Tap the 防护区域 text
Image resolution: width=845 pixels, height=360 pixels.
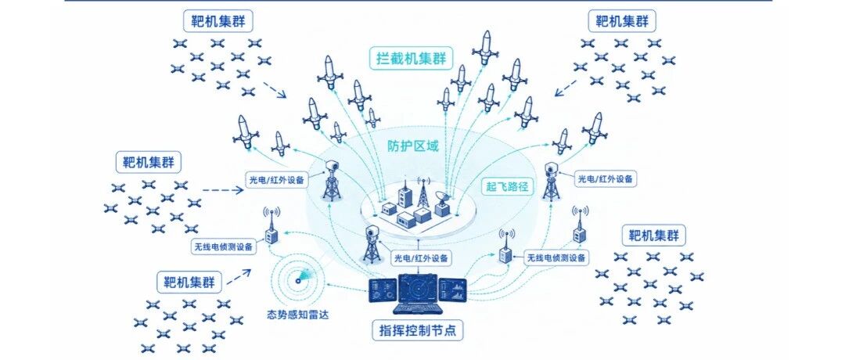coord(413,146)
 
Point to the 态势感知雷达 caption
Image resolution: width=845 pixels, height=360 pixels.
coord(297,315)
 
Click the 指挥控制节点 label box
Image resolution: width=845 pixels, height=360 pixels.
coord(418,330)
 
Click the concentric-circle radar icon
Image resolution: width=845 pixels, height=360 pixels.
coord(297,281)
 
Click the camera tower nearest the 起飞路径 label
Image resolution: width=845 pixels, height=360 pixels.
coord(551,181)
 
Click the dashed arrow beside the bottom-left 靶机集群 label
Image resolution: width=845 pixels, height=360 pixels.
coord(239,276)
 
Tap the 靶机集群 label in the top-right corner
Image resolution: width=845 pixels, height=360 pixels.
coord(621,22)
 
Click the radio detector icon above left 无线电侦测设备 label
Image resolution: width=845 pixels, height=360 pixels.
coord(271,226)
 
